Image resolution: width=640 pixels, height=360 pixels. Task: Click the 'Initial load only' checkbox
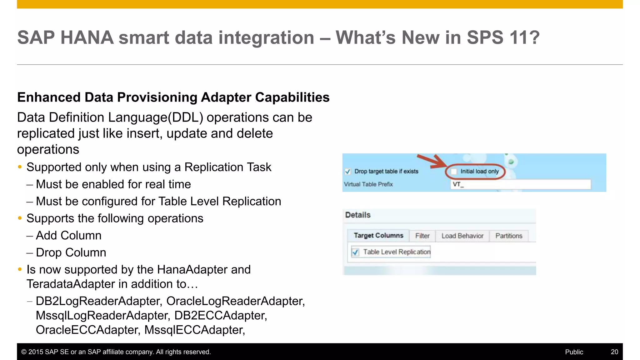coord(454,171)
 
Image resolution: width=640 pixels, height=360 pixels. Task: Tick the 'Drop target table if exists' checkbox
coord(347,172)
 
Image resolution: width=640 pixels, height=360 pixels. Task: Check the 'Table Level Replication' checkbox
coord(355,252)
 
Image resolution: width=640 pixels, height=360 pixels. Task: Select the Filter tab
coord(422,236)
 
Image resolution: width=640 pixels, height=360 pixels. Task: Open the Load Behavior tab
coord(462,236)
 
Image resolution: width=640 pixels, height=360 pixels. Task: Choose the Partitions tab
coord(509,236)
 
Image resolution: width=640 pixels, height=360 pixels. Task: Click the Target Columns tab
coord(378,236)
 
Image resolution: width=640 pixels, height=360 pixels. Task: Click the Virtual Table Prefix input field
coord(520,184)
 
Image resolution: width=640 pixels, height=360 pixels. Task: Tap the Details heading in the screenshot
coord(358,215)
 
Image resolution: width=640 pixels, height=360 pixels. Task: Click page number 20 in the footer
coord(614,352)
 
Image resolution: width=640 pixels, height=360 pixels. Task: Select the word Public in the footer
coord(574,352)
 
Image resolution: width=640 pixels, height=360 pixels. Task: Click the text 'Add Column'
coord(69,236)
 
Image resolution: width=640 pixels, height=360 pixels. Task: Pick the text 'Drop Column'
coord(71,252)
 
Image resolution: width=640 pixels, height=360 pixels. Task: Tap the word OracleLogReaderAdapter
coord(235,301)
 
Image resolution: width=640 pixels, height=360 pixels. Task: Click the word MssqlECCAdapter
coord(194,330)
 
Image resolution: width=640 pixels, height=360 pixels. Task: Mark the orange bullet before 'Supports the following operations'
coord(20,218)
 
